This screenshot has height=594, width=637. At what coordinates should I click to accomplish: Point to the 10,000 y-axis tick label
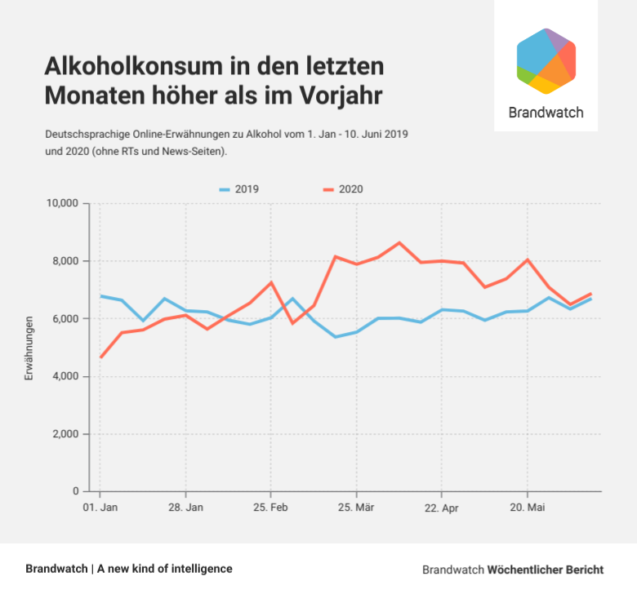61,203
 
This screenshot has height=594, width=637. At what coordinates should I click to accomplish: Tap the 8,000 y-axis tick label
65,261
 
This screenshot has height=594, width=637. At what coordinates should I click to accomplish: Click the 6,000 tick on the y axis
65,319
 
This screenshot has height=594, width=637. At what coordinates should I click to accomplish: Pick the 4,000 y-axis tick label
65,376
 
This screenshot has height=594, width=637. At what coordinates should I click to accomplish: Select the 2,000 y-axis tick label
65,434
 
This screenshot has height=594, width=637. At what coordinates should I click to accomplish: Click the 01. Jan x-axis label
100,508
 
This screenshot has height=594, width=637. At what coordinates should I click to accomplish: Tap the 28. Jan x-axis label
185,508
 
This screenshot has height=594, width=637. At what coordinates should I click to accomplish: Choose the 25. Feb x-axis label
270,508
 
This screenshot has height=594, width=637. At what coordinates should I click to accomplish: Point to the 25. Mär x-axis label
356,508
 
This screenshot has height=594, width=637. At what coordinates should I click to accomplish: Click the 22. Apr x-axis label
441,508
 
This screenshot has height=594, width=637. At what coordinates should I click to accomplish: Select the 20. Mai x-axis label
527,508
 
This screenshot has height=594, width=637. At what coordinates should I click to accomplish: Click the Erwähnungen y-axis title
29,348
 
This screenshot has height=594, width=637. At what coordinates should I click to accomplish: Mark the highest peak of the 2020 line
399,242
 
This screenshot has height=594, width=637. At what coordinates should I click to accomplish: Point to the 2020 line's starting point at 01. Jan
100,357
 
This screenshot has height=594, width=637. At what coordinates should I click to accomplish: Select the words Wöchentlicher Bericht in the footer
546,569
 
